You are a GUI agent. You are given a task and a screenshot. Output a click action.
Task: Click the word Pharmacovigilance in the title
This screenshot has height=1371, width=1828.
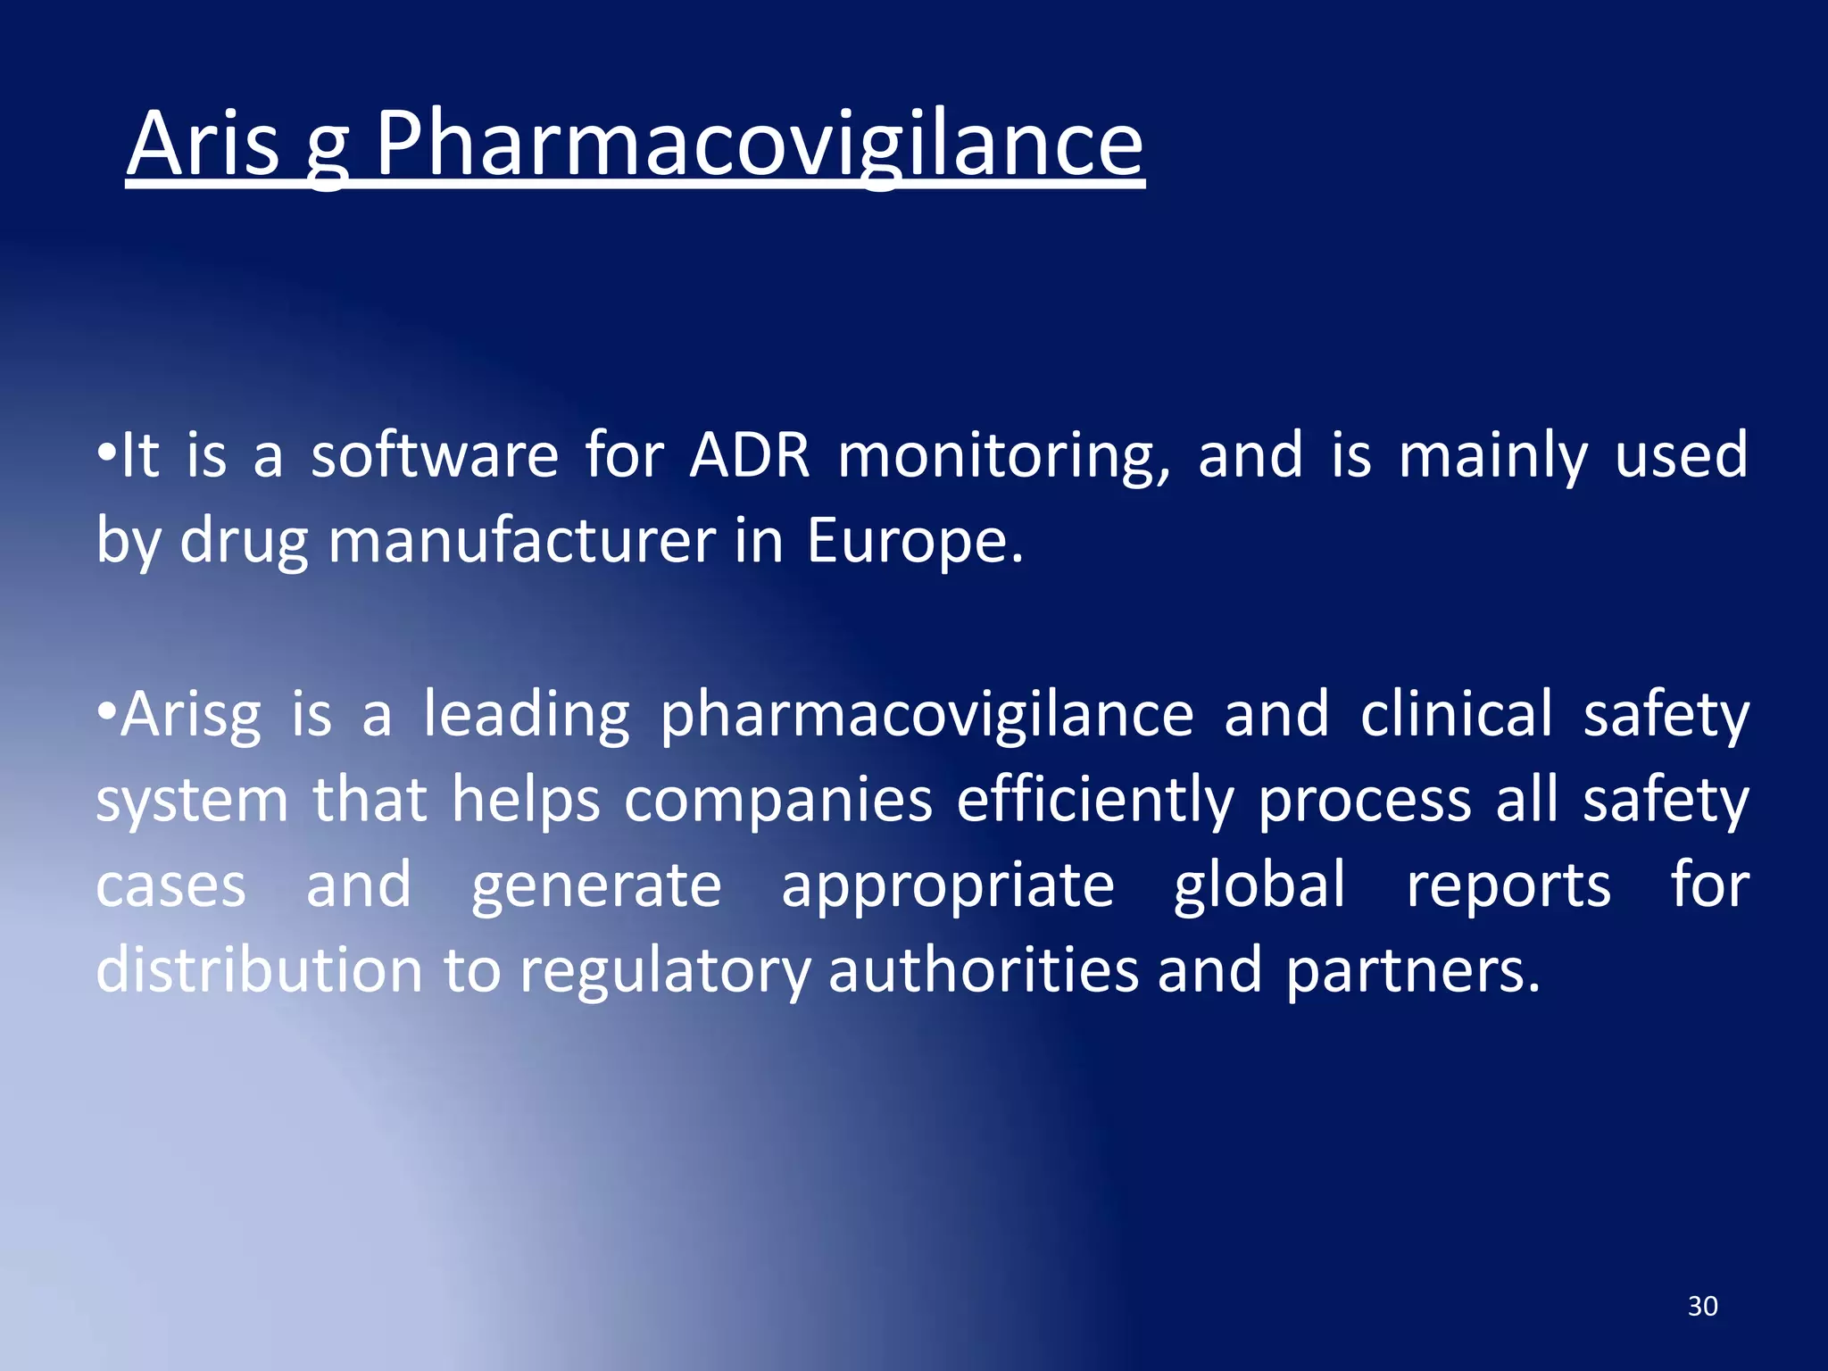pyautogui.click(x=759, y=145)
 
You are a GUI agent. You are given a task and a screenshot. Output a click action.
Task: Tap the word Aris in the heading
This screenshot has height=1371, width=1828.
pyautogui.click(x=203, y=145)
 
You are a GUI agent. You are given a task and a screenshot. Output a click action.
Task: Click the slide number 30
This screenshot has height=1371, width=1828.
pyautogui.click(x=1702, y=1306)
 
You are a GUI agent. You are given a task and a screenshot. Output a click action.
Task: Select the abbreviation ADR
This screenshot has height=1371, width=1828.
pyautogui.click(x=750, y=455)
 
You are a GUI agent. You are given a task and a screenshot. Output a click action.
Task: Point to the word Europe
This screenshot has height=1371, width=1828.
pyautogui.click(x=914, y=541)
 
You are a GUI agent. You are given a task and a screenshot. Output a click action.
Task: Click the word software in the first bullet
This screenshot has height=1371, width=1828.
pyautogui.click(x=435, y=455)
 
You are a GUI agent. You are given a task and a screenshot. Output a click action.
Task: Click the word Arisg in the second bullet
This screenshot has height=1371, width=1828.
pyautogui.click(x=191, y=716)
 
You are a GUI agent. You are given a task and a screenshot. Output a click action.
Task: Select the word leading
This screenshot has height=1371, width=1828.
pyautogui.click(x=527, y=716)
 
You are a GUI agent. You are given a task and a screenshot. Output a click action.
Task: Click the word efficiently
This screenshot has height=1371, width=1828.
pyautogui.click(x=1095, y=801)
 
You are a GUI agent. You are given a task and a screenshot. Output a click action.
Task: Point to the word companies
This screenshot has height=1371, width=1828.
pyautogui.click(x=778, y=801)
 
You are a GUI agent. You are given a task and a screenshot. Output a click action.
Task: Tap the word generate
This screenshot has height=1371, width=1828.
pyautogui.click(x=596, y=886)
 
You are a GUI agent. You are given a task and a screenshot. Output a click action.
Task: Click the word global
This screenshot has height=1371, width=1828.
pyautogui.click(x=1259, y=886)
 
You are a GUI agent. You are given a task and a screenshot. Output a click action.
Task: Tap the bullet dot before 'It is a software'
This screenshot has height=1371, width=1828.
pyautogui.click(x=106, y=453)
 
